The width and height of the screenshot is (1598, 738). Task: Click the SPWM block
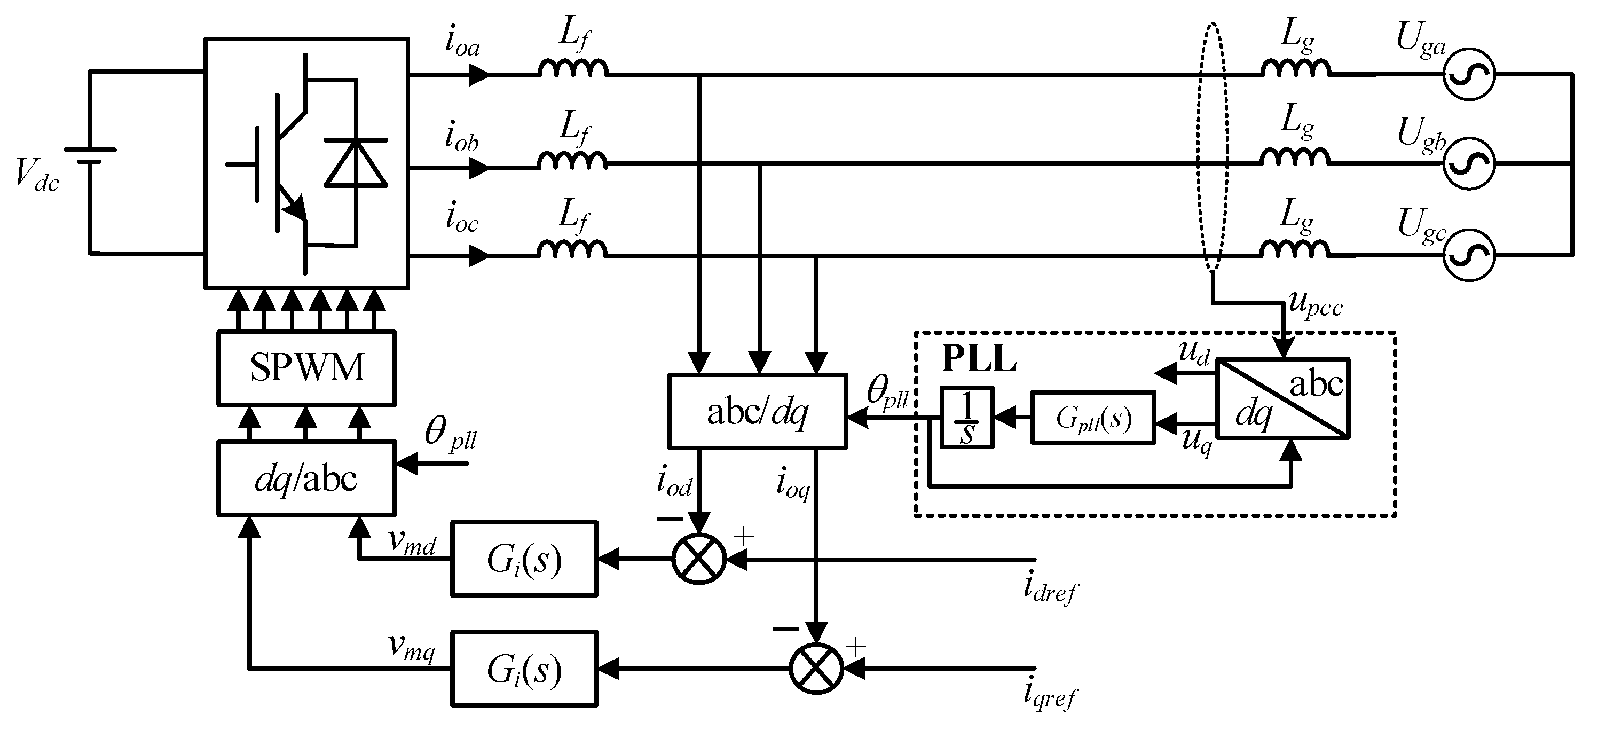coord(306,367)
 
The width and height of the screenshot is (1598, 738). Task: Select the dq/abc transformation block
coord(306,478)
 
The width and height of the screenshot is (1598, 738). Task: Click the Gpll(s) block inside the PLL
coord(1093,418)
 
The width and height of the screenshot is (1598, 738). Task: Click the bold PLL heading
coord(978,359)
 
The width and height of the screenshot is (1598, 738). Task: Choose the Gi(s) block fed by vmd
coord(524,559)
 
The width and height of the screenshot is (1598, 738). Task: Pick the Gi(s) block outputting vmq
coord(524,669)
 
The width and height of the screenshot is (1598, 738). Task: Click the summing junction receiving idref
coord(699,559)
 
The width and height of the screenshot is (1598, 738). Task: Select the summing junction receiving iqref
coord(816,669)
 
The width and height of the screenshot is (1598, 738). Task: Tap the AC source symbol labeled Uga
coord(1468,74)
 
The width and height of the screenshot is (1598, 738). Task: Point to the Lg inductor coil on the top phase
coord(1295,68)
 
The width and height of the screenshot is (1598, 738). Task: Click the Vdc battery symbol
coord(90,155)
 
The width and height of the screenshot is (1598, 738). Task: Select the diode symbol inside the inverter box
coord(356,163)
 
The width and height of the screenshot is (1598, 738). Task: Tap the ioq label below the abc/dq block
coord(793,484)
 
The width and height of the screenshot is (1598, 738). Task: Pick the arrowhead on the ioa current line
coord(479,75)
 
